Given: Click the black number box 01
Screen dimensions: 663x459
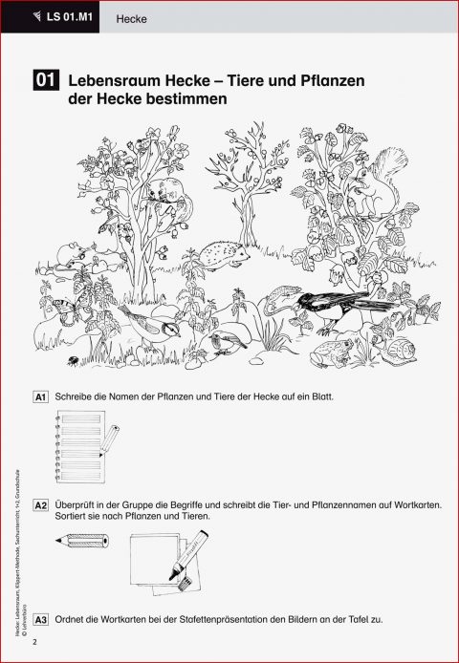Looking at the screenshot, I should [x=46, y=81].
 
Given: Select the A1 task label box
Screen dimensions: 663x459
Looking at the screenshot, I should [x=40, y=396].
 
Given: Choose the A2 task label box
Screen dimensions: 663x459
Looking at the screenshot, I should [x=40, y=503].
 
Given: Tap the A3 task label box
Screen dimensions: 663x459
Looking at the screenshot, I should [x=40, y=619].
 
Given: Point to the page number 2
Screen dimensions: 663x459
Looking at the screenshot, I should [x=33, y=641].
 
